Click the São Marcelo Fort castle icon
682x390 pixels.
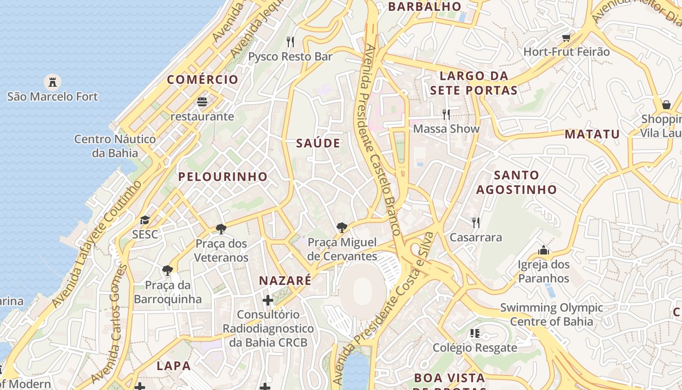(x=52, y=81)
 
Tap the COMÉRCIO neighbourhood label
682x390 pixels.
(x=203, y=79)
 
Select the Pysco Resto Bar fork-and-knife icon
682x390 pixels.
(x=290, y=42)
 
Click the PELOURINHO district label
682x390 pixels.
(x=223, y=176)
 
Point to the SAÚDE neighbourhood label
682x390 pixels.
(x=318, y=143)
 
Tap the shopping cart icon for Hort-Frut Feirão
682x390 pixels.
(x=566, y=38)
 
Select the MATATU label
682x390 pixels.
(x=592, y=134)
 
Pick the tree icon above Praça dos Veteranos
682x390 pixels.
(x=221, y=229)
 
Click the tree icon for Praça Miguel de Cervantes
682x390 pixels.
(x=342, y=227)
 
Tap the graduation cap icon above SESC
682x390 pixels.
(x=145, y=220)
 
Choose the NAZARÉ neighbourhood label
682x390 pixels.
(x=285, y=281)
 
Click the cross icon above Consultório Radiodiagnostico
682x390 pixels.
(x=268, y=300)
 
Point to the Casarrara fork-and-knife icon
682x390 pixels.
(x=476, y=223)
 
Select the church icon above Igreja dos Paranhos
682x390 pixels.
(x=544, y=251)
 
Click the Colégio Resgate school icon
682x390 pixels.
(x=475, y=333)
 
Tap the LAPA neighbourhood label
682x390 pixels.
(x=173, y=365)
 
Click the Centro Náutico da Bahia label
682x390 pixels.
(x=115, y=146)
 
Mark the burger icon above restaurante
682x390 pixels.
(x=202, y=102)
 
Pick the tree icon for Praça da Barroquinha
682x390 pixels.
(x=168, y=270)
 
